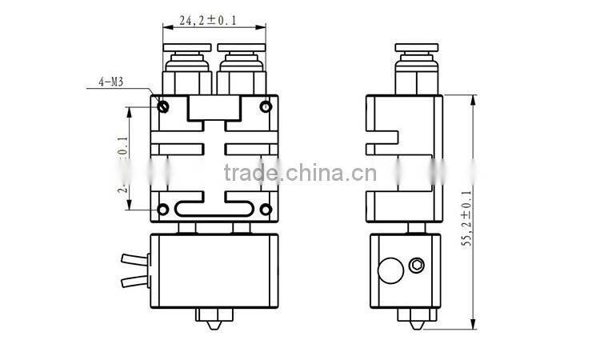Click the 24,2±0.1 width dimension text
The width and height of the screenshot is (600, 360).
[214, 21]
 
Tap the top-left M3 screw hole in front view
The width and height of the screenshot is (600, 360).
[163, 106]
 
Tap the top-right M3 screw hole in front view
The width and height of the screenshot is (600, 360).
[266, 106]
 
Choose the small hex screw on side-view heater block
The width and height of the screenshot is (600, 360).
[416, 265]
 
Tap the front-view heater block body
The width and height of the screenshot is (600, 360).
[214, 271]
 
